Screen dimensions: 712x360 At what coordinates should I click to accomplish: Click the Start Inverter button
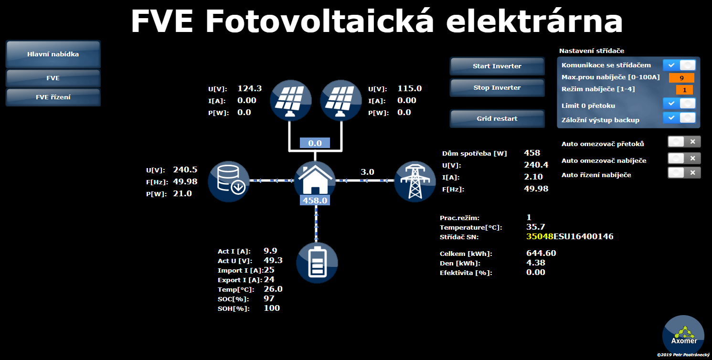point(497,66)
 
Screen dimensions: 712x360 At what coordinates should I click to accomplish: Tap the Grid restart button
point(497,118)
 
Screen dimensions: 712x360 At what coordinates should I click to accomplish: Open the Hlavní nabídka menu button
point(53,54)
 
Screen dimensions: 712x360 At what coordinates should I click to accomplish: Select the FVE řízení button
point(53,97)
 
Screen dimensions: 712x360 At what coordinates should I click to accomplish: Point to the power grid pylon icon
point(415,181)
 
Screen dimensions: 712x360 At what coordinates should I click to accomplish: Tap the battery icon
point(317,263)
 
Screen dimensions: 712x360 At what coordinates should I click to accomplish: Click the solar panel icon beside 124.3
point(290,100)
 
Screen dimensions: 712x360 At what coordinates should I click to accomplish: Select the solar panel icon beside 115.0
point(341,100)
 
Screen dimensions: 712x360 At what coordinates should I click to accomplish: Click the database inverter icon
point(229,181)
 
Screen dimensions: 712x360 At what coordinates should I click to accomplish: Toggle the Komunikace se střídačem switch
point(679,65)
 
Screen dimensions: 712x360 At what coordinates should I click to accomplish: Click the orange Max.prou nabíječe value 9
point(681,78)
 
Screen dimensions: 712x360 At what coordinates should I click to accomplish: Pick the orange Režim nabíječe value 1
point(684,90)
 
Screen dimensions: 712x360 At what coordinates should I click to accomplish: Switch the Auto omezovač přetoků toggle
point(684,142)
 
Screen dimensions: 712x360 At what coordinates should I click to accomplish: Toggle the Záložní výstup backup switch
point(679,118)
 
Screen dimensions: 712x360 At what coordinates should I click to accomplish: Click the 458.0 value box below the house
point(315,201)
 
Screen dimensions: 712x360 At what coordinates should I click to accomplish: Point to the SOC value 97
point(269,299)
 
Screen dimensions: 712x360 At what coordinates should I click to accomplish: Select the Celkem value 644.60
point(541,253)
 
